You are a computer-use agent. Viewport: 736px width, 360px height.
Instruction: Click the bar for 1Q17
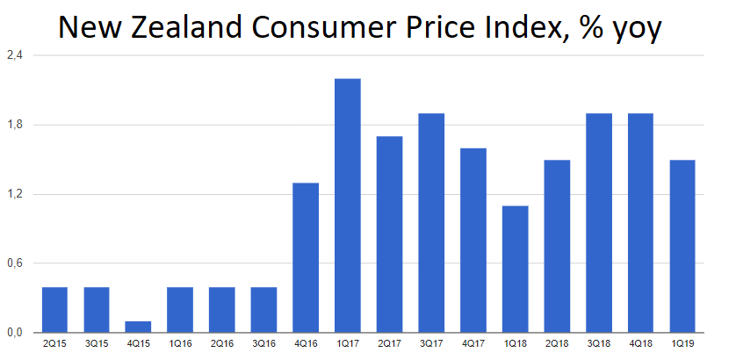tap(347, 205)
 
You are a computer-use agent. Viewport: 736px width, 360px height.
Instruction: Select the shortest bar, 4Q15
tap(138, 327)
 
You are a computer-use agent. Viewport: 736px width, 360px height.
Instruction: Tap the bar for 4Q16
tap(306, 257)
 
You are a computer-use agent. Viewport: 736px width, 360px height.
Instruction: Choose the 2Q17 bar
tap(389, 234)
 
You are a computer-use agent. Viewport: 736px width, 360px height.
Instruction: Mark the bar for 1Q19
tap(682, 246)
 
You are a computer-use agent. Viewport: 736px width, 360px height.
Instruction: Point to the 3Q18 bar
tap(598, 223)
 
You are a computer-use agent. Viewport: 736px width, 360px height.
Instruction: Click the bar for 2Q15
tap(54, 310)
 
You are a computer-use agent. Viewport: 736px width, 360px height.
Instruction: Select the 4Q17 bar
tap(473, 241)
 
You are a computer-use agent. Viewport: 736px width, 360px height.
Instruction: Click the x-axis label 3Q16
tap(263, 345)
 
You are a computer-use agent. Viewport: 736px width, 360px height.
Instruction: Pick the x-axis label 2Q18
tap(556, 345)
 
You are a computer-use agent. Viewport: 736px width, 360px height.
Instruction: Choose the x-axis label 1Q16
tap(180, 345)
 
